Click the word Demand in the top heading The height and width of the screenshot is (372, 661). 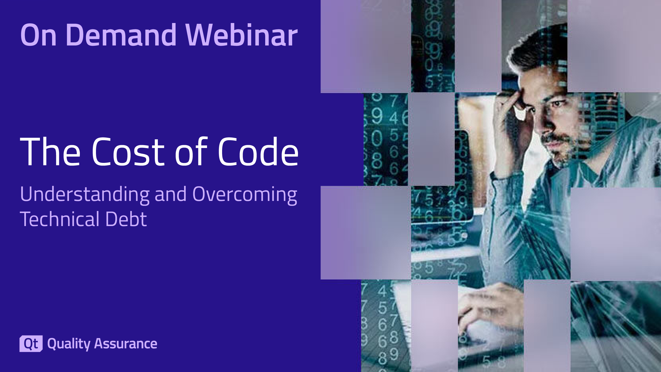coord(121,35)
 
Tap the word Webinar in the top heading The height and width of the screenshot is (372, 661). coord(242,35)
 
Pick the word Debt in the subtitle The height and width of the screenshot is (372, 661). coord(126,219)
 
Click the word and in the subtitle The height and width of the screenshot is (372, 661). coord(171,194)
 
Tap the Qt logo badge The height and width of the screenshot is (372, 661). coord(31,343)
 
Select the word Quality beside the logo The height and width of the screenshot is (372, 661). coord(69,344)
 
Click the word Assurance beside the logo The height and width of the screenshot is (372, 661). coord(126,343)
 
